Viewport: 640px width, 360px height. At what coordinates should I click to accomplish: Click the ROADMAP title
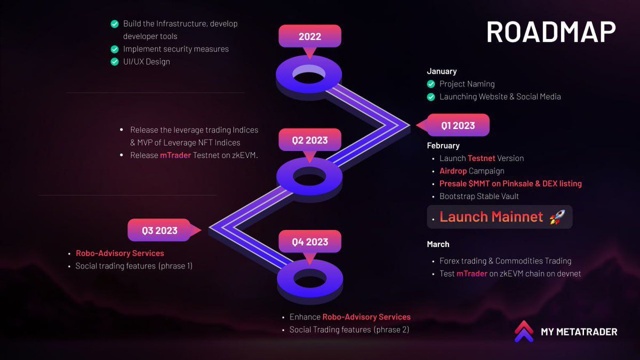click(x=551, y=32)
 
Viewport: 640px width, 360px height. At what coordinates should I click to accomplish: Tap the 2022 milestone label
click(x=309, y=37)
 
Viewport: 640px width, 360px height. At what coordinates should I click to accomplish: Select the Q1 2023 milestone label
click(x=458, y=126)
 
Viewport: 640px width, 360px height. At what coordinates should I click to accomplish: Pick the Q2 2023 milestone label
click(x=309, y=140)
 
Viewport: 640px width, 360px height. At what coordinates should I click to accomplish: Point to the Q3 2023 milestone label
click(x=159, y=230)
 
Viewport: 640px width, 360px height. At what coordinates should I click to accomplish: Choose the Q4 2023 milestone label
click(x=309, y=242)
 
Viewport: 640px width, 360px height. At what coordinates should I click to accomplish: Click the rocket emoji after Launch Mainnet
click(x=557, y=217)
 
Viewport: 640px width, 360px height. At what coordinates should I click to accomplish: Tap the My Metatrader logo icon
click(x=524, y=331)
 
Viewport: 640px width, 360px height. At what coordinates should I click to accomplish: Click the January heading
click(x=442, y=71)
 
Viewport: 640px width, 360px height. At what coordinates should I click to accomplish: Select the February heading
click(x=443, y=145)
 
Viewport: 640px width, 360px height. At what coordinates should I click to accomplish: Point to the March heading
click(x=438, y=244)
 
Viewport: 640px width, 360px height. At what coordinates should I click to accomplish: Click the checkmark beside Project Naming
click(x=431, y=84)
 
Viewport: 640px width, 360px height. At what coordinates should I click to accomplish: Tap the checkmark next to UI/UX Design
click(x=114, y=61)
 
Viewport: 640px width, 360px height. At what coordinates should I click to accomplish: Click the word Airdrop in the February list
click(x=453, y=171)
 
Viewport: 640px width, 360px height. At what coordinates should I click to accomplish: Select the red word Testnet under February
click(x=481, y=158)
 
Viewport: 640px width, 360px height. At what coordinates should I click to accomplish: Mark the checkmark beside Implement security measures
click(x=114, y=49)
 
